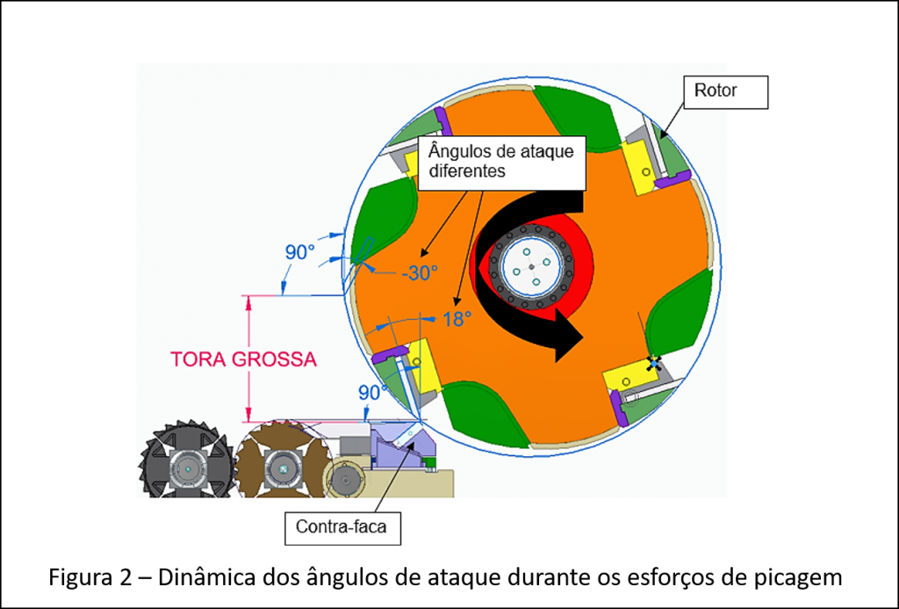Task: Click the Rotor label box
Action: (725, 92)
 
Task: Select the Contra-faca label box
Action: (342, 527)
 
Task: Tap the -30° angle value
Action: (420, 273)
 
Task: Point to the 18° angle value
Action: (457, 319)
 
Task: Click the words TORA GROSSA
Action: (244, 359)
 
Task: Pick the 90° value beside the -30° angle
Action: (300, 252)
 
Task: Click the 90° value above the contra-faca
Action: (372, 393)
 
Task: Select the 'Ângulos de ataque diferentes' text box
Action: (502, 163)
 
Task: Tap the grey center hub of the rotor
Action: (531, 266)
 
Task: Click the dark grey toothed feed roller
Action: (188, 460)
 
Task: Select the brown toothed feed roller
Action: (283, 460)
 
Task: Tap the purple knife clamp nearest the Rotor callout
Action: (672, 180)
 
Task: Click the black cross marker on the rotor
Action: (653, 363)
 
